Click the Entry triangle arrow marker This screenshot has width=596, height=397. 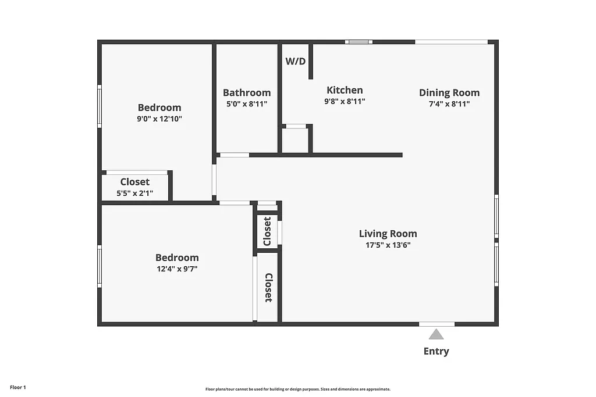[x=437, y=334]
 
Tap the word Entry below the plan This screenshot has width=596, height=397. [x=437, y=351]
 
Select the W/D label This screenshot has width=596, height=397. [x=295, y=61]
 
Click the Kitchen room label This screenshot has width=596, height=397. [x=345, y=90]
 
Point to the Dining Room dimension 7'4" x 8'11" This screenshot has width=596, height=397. [x=449, y=103]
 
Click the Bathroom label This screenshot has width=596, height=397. [x=247, y=93]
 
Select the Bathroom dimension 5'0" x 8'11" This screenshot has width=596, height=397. [x=247, y=104]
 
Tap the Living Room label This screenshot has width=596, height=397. [x=388, y=234]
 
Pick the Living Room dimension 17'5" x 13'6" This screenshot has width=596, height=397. [x=388, y=245]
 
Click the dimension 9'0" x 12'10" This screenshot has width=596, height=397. [x=159, y=119]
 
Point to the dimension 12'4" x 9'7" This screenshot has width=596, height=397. [x=177, y=269]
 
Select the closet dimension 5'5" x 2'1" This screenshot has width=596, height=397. [x=135, y=193]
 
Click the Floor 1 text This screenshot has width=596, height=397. [x=18, y=387]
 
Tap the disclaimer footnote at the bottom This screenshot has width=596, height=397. [x=297, y=389]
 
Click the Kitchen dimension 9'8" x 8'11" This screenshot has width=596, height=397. [x=345, y=101]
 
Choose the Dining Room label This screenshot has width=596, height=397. [x=449, y=92]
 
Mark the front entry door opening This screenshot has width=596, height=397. [x=437, y=324]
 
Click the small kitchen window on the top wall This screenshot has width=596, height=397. [x=359, y=42]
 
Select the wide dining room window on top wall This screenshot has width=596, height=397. [x=451, y=42]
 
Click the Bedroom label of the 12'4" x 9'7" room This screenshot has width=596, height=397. [x=177, y=257]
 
